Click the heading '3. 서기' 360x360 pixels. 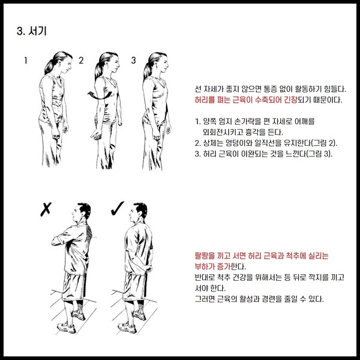[x=32, y=31]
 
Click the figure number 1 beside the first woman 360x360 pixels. [x=26, y=61]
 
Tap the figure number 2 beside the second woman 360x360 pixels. [x=81, y=61]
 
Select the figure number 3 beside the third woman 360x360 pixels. [x=133, y=60]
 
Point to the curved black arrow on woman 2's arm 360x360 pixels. [x=100, y=95]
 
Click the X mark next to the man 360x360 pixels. [x=46, y=209]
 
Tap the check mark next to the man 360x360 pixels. [x=117, y=208]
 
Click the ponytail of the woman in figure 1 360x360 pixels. [x=51, y=65]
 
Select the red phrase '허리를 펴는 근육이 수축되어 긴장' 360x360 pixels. [x=245, y=100]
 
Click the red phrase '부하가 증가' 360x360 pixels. [x=212, y=266]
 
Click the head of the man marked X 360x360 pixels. [x=81, y=211]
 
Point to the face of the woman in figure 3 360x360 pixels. [x=163, y=63]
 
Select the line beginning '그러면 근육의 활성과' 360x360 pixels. [x=259, y=299]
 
